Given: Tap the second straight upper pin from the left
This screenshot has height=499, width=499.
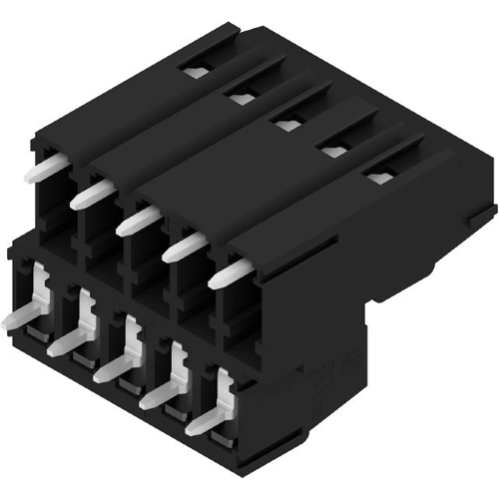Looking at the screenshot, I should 91,194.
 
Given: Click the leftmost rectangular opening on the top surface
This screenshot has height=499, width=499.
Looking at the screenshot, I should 196,72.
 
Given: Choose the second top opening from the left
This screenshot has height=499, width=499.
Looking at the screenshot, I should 240,97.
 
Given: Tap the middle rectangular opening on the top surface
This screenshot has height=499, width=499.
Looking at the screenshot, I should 286,124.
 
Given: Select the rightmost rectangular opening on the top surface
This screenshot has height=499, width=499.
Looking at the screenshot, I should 378,178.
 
